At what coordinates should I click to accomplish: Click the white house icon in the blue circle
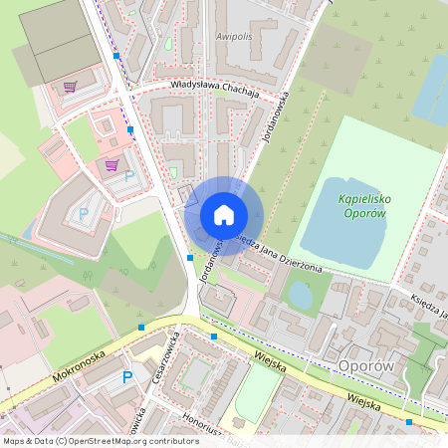(x=224, y=214)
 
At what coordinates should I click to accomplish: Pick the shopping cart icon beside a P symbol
(x=112, y=165)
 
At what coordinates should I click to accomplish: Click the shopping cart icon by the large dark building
(x=70, y=87)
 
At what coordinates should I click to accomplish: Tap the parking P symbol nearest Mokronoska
(x=126, y=376)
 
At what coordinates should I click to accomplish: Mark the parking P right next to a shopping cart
(x=128, y=175)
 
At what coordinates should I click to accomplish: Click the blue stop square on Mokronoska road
(x=142, y=327)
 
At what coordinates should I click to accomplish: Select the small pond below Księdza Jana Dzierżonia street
(x=299, y=295)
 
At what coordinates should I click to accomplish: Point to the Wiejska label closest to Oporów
(x=364, y=399)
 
